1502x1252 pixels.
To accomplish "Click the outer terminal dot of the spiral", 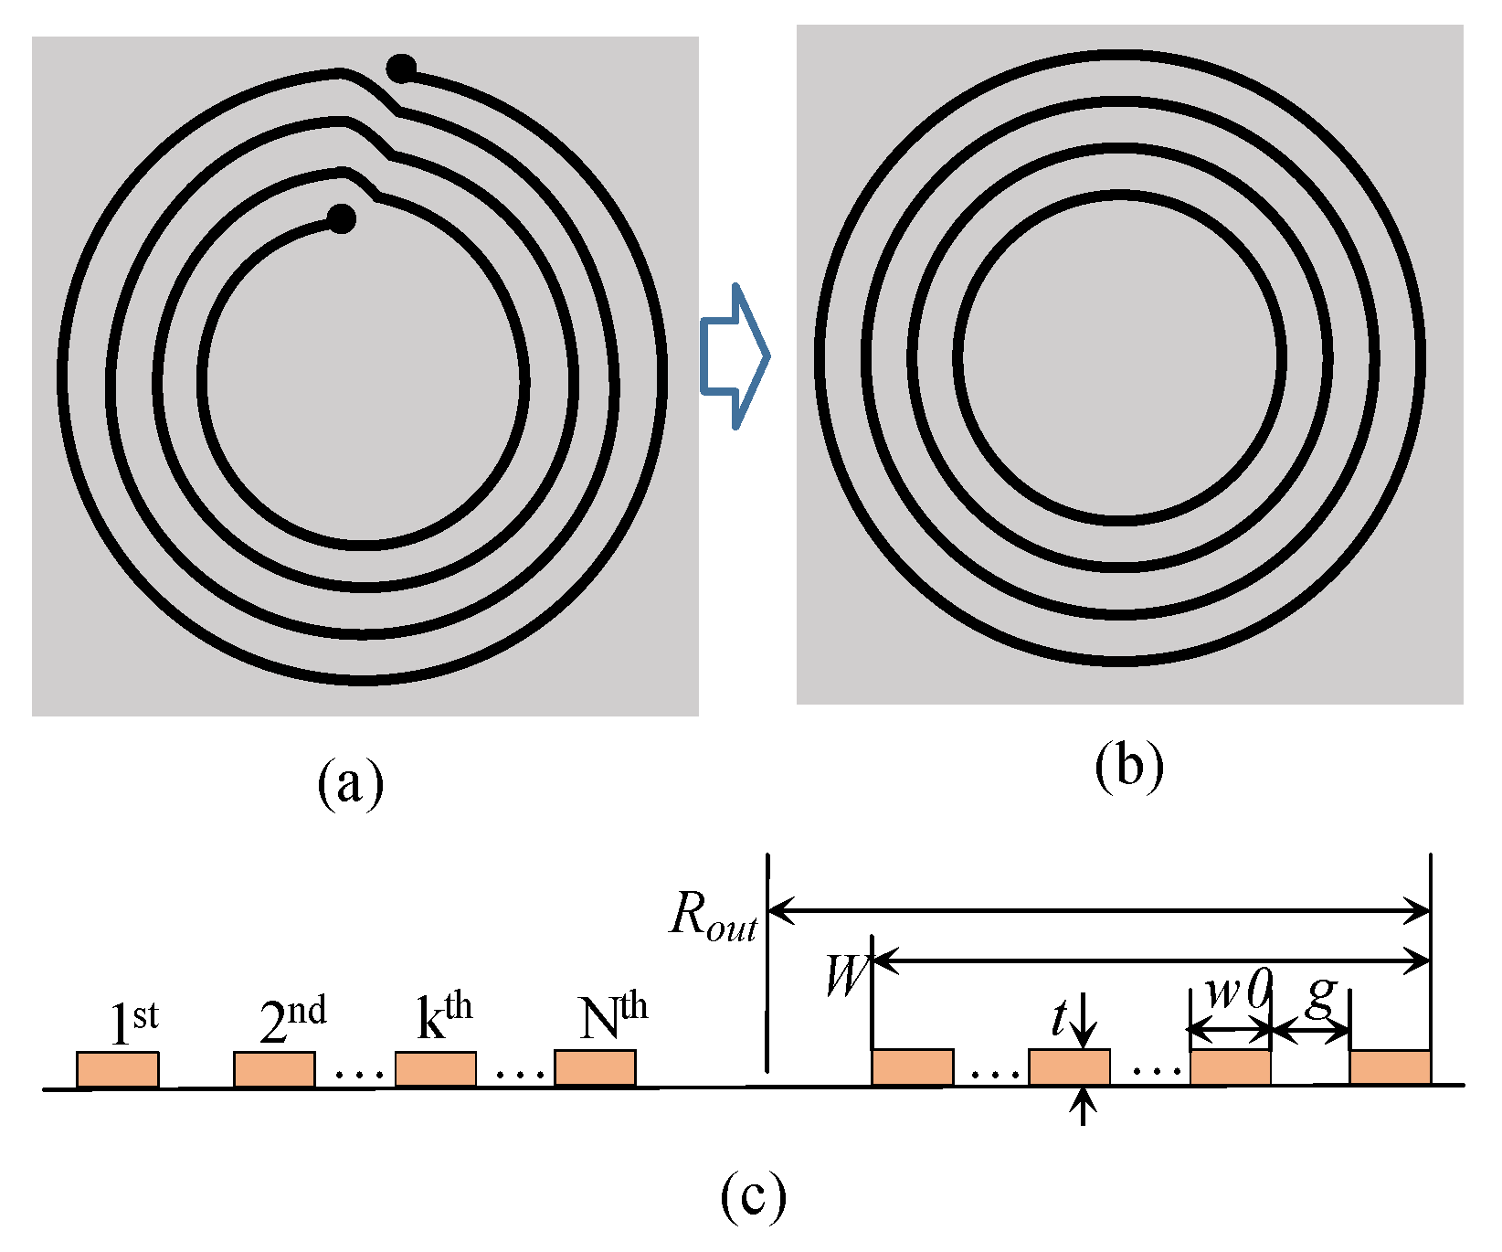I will tap(401, 69).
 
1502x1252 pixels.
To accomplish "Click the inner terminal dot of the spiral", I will tap(341, 218).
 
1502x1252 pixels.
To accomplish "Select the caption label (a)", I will tap(350, 783).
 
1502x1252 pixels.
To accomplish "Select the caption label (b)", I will tap(1129, 766).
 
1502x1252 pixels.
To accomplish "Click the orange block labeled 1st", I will tap(118, 1069).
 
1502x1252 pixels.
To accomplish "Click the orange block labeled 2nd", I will tap(274, 1069).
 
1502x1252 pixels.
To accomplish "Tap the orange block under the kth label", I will tap(436, 1069).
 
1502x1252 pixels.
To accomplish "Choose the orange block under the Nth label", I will tap(595, 1068).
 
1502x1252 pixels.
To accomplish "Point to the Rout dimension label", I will tap(714, 915).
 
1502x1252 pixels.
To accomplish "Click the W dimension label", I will tap(844, 976).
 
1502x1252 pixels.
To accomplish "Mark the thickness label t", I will tap(1060, 1018).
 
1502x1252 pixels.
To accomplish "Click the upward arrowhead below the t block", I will tap(1083, 1101).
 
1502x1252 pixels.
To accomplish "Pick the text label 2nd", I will tap(292, 1019).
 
